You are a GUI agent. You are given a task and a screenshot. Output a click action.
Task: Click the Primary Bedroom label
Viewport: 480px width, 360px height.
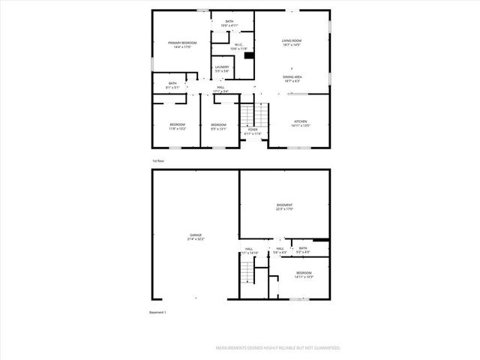click(x=182, y=45)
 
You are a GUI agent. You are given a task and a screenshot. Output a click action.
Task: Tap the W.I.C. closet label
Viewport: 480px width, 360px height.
click(x=238, y=46)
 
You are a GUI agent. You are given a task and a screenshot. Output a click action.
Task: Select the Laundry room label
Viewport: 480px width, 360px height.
click(x=222, y=69)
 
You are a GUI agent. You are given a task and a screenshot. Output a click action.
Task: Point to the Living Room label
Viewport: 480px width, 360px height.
click(x=292, y=43)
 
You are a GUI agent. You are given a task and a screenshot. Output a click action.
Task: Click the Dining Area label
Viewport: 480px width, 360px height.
click(x=292, y=79)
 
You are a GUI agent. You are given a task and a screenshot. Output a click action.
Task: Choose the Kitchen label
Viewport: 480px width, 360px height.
click(x=300, y=124)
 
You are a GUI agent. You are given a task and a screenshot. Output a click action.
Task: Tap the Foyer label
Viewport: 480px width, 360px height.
click(x=253, y=132)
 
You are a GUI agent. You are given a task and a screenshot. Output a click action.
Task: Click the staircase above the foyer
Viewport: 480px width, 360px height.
click(x=253, y=115)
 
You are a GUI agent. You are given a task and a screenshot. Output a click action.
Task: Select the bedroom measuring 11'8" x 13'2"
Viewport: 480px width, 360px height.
click(x=177, y=127)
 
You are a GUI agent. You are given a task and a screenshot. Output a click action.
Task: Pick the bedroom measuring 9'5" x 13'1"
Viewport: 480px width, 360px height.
click(x=218, y=127)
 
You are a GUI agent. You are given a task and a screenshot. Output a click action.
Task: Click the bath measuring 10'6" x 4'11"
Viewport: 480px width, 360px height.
click(x=229, y=23)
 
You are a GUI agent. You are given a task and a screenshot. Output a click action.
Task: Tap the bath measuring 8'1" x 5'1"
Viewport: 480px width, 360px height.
click(x=172, y=85)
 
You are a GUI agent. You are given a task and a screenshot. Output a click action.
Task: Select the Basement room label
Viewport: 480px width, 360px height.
click(x=284, y=207)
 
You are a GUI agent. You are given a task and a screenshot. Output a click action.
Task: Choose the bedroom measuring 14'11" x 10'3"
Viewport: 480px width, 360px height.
click(x=303, y=275)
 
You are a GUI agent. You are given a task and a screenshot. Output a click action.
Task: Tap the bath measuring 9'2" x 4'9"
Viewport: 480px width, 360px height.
click(x=303, y=250)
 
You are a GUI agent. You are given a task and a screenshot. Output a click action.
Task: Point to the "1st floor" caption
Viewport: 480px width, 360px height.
click(x=157, y=160)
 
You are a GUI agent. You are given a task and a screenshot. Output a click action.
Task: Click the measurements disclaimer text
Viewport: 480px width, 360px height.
click(x=278, y=348)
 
